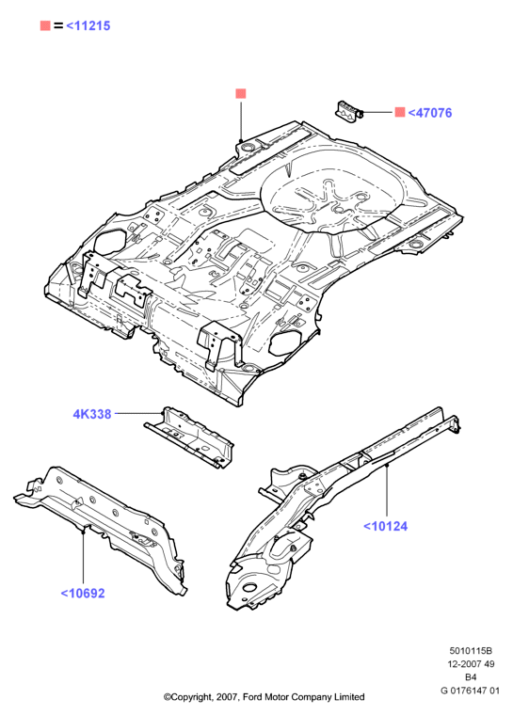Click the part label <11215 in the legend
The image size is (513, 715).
tap(88, 25)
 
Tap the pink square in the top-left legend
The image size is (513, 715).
tap(45, 25)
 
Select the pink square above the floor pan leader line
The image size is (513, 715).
tap(241, 93)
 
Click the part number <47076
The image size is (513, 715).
tap(429, 113)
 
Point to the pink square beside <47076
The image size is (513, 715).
tap(400, 112)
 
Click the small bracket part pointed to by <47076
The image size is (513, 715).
tap(349, 111)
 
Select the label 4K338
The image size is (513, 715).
tap(92, 414)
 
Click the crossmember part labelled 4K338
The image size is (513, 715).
tap(188, 437)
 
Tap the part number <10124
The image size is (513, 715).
tap(385, 526)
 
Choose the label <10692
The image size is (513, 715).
tap(83, 594)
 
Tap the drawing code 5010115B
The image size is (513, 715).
tap(471, 651)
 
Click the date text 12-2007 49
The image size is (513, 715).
tap(471, 664)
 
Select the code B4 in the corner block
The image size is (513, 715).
tap(471, 677)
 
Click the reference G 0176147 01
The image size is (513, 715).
tap(470, 691)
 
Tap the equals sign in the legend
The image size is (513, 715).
tap(58, 26)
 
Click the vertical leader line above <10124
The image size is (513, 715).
tap(387, 491)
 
